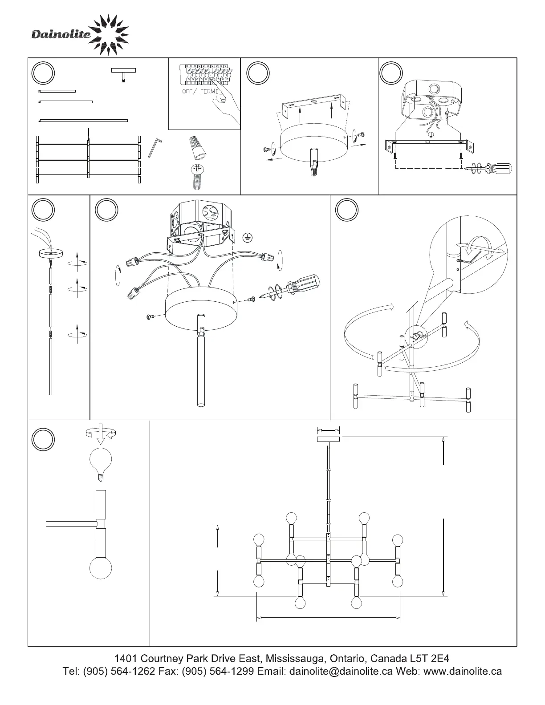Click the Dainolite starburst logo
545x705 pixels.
point(108,35)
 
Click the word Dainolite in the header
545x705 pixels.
point(61,34)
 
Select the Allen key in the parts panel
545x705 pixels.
point(154,148)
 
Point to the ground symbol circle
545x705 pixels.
point(248,237)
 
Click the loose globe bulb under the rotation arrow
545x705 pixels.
point(101,463)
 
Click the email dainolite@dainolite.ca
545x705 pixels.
point(341,671)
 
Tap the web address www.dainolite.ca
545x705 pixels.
point(462,671)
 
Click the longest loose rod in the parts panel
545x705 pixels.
point(83,120)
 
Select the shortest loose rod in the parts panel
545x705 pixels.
point(57,91)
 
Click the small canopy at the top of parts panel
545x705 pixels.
point(123,73)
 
